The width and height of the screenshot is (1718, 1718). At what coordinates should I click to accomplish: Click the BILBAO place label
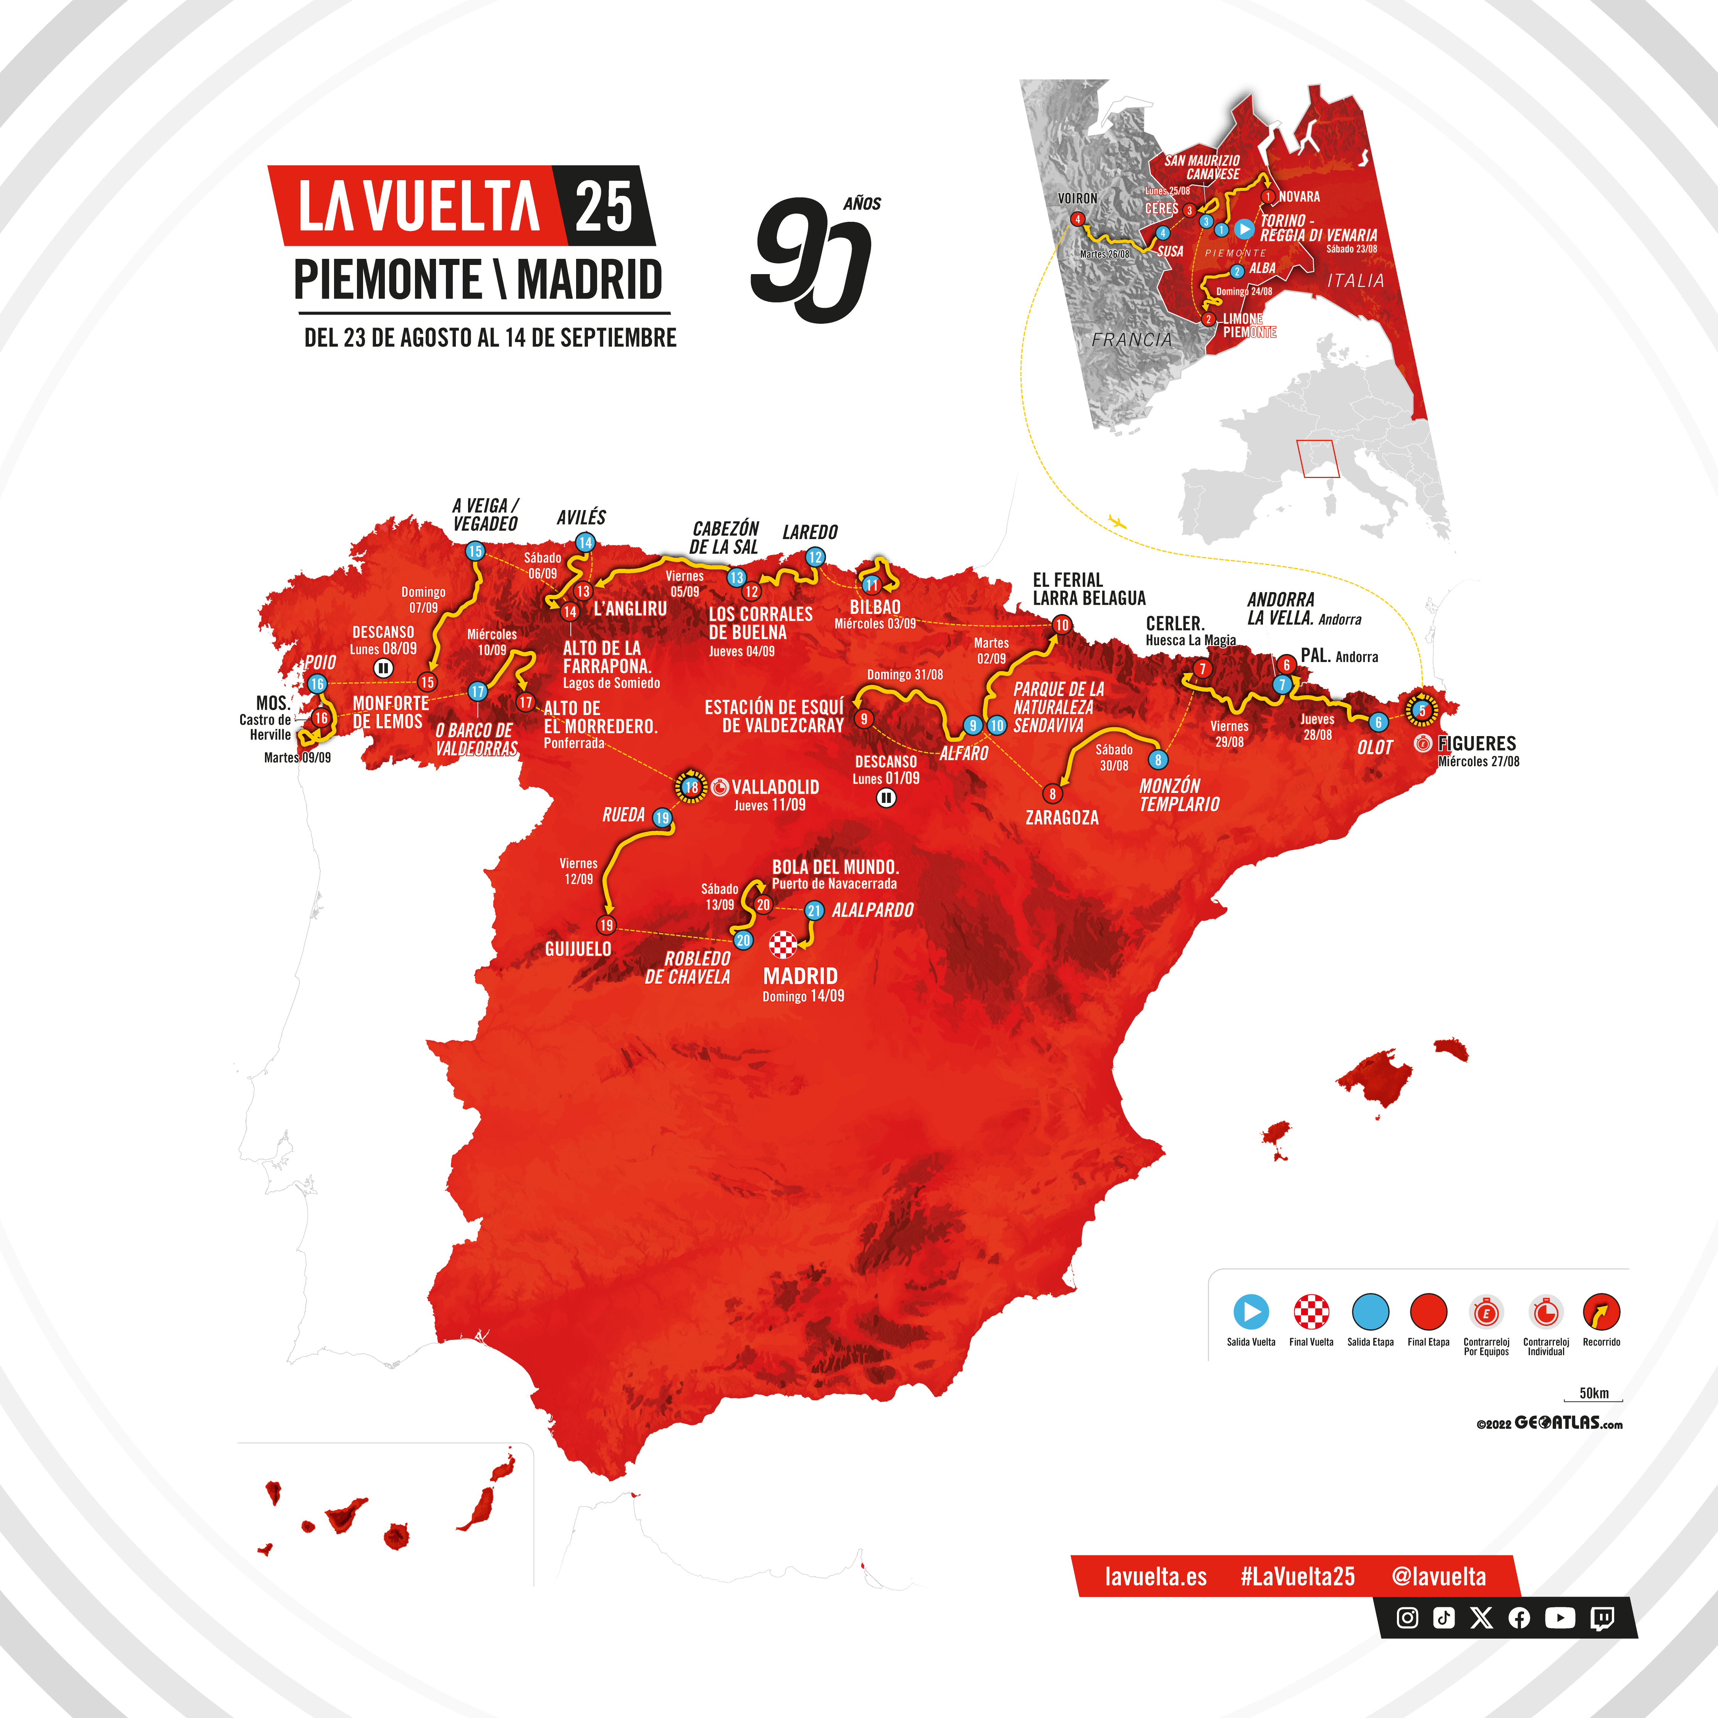pos(875,607)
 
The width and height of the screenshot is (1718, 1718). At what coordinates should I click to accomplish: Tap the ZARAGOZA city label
pos(1062,817)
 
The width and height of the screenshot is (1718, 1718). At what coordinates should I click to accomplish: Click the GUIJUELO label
pos(578,949)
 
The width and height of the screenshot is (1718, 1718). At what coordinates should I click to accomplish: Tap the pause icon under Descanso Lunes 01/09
pos(886,798)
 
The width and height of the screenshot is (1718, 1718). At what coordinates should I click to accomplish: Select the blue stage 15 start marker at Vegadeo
pos(475,551)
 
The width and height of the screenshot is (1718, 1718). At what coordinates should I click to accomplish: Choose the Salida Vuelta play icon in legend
pos(1250,1312)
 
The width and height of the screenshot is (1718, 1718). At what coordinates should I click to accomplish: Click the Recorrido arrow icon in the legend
pos(1601,1312)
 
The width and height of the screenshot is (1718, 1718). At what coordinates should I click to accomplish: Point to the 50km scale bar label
pos(1594,1393)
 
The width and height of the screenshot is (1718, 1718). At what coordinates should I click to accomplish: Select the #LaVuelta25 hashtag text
pos(1297,1577)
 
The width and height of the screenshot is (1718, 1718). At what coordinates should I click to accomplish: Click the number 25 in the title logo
pos(604,206)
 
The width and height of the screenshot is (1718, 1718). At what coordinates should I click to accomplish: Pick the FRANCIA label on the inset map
pos(1132,339)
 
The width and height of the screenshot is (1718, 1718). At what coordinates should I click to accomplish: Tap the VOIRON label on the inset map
pos(1077,198)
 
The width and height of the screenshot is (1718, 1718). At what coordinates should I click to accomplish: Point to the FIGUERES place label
pos(1477,743)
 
